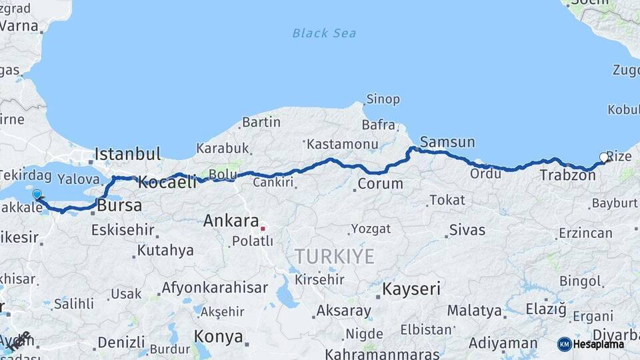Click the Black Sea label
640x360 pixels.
324,33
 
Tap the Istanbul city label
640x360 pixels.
127,154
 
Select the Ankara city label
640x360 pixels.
231,221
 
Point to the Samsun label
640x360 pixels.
447,142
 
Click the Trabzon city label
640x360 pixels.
567,176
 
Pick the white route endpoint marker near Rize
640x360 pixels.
604,157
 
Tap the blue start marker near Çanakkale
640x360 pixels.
37,195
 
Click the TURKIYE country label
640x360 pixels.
335,256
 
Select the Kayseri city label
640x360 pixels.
411,289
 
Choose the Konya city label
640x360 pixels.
218,336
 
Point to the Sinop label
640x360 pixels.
383,100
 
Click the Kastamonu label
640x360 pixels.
343,144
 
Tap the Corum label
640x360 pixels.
380,183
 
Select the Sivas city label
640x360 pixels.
467,231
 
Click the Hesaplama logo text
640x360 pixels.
597,344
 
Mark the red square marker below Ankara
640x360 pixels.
263,229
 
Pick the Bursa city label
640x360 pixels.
119,206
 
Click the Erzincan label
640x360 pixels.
585,233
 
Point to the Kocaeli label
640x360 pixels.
167,182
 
